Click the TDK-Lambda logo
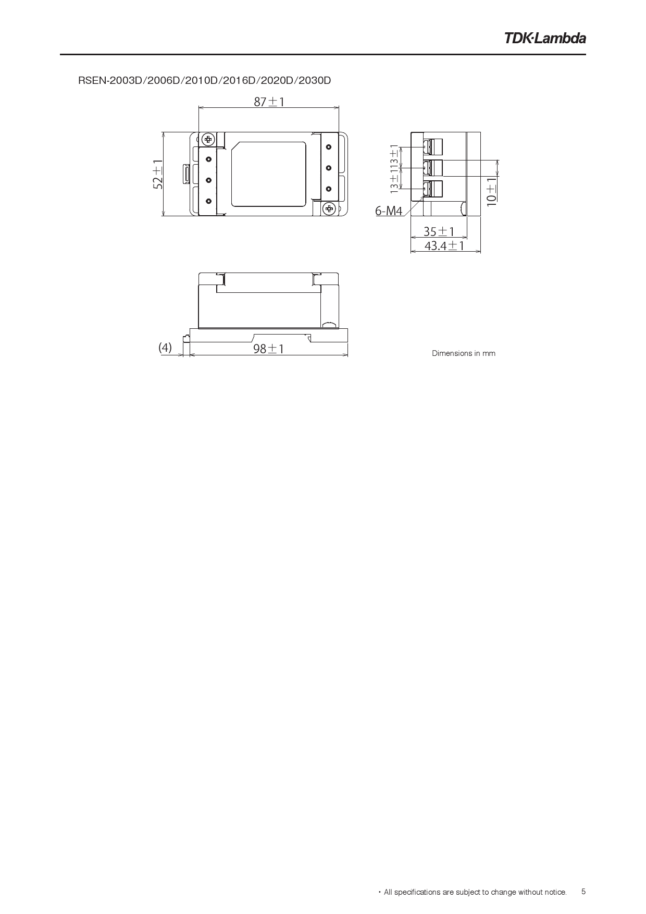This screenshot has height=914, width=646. click(544, 38)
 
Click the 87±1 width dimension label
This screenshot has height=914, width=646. click(269, 102)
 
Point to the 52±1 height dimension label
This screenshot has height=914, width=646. click(158, 174)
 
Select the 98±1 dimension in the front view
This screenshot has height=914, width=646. click(268, 348)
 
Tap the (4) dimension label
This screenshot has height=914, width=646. click(165, 348)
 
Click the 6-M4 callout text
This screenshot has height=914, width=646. click(389, 211)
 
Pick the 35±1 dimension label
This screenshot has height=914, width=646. click(439, 231)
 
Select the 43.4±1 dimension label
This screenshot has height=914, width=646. click(444, 245)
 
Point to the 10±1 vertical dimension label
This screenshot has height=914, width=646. click(492, 191)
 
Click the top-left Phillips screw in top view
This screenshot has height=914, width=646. click(208, 139)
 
